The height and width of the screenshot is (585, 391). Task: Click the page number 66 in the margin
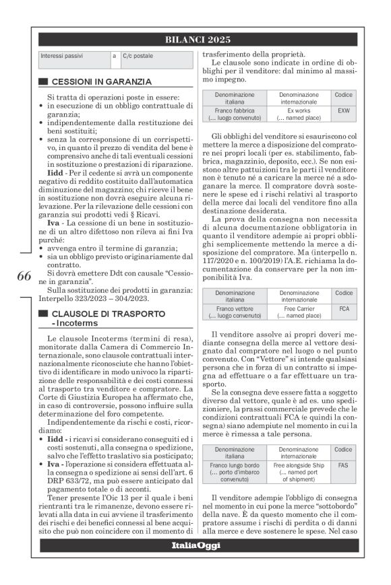[24, 277]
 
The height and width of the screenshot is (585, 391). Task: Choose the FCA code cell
[344, 308]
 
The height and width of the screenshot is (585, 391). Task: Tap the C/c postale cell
[138, 56]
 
